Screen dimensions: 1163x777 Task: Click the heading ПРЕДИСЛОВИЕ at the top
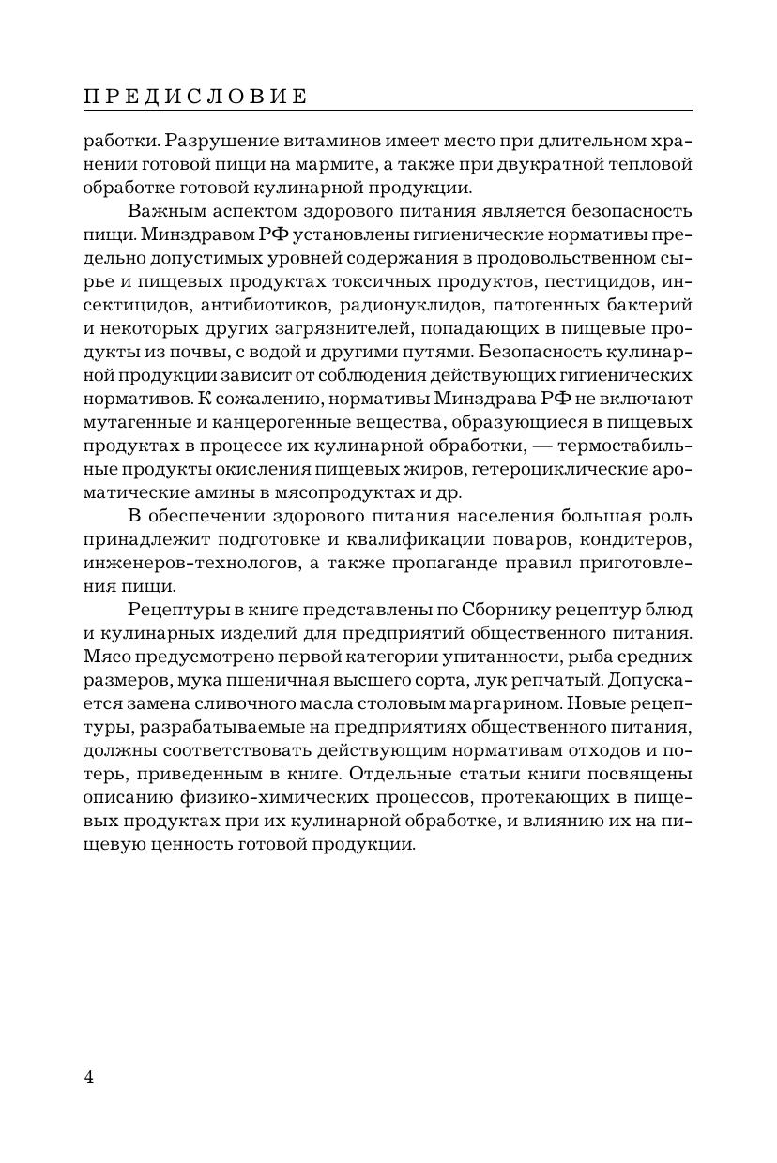(x=195, y=97)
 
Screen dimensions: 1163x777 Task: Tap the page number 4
(x=89, y=1077)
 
